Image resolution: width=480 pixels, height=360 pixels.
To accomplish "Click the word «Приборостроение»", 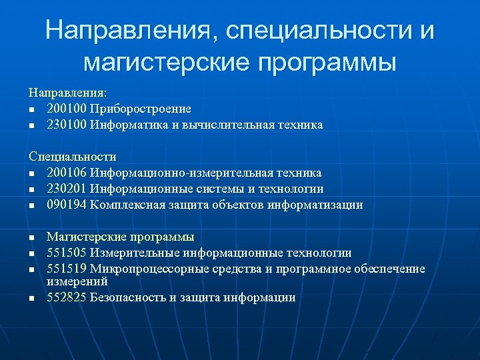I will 141,109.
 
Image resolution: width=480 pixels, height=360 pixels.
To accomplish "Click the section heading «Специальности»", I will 73,157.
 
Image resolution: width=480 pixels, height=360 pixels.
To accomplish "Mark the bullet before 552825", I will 31,299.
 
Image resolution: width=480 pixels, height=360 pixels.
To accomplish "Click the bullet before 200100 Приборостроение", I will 31,109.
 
